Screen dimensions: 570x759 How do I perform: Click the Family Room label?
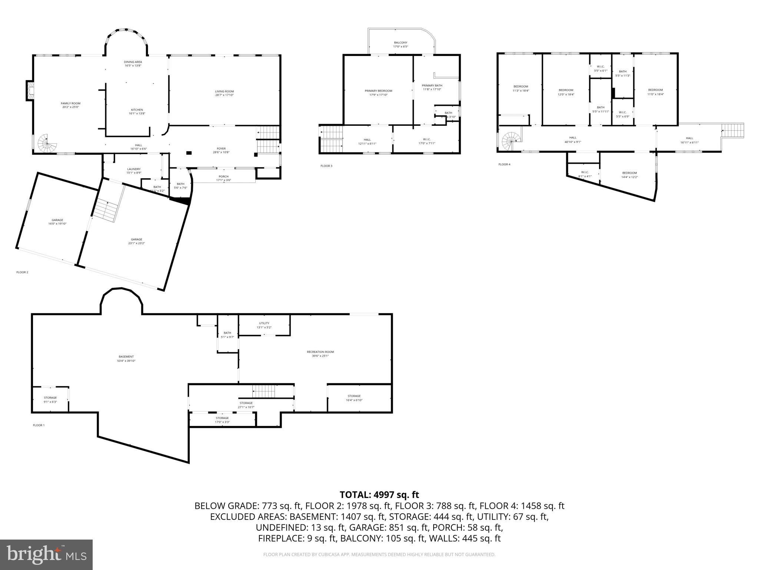click(70, 104)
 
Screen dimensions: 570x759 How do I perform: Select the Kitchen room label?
click(137, 110)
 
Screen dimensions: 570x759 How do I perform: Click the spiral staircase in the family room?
click(47, 143)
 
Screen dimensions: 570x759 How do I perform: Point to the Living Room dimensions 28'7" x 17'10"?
click(224, 95)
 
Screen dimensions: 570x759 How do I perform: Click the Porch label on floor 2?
click(223, 177)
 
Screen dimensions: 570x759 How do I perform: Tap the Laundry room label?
click(133, 169)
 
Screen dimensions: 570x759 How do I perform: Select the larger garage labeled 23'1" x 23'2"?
click(136, 239)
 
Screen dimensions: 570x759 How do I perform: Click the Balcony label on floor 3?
click(400, 43)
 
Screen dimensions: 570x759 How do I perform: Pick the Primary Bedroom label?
click(378, 91)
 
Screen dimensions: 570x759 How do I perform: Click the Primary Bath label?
click(432, 85)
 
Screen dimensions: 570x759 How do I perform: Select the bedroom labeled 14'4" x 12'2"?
click(629, 173)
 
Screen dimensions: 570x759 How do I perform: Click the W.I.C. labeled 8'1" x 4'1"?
click(585, 172)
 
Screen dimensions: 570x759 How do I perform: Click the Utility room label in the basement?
click(264, 323)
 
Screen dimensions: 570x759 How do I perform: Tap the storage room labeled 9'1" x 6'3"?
click(50, 398)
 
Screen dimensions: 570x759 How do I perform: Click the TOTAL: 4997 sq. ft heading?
click(379, 495)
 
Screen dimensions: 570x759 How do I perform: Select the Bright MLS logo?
click(46, 554)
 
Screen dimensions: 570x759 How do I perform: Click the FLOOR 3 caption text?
click(326, 166)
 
